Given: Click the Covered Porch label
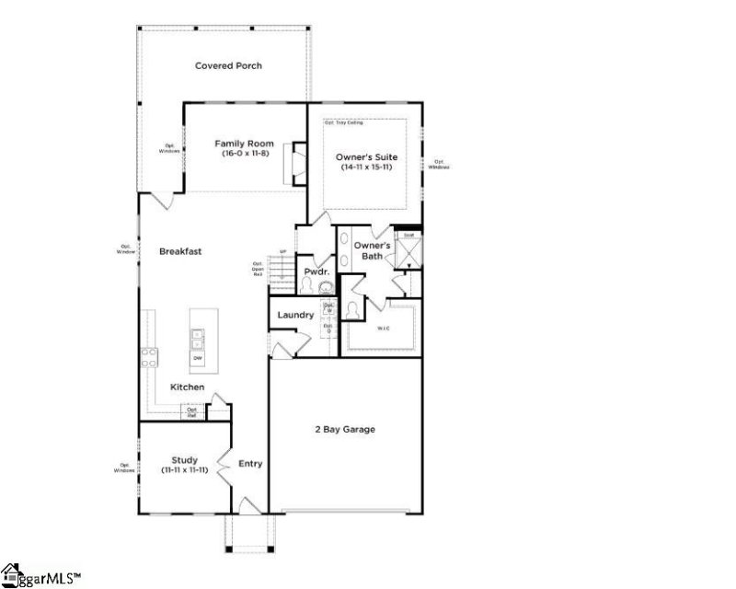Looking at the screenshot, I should coord(228,65).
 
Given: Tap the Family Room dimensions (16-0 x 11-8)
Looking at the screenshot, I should coord(245,155).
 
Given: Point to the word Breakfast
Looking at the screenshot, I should coord(180,251).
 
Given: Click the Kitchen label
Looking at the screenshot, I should coord(187,387).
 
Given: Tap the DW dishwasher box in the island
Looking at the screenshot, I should coord(197,359).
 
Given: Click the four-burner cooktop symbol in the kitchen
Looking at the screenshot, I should coord(148,357).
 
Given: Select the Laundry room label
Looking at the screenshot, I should coord(295,315).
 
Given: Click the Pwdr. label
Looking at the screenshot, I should coord(317,271).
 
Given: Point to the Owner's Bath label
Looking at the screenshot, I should coord(374,251).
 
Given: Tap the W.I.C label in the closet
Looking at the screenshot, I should coord(383,328).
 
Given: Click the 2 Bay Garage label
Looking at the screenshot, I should coord(343,429).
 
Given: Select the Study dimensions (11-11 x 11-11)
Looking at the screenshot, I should coord(185,469).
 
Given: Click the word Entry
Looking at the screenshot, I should coord(250,464).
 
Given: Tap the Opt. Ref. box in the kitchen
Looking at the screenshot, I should coord(192,411).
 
